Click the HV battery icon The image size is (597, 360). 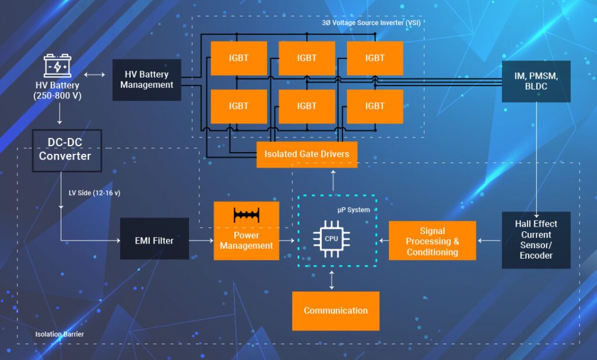[x=57, y=66]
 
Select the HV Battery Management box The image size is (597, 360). [x=146, y=80]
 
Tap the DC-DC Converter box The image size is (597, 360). [x=66, y=150]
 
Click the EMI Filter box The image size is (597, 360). [x=154, y=239]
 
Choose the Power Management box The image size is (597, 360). [x=246, y=231]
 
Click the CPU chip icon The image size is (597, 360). [x=331, y=238]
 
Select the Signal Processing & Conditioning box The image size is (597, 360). [x=432, y=241]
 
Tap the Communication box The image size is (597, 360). [x=335, y=310]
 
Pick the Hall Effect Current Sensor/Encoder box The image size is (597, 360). [x=536, y=239]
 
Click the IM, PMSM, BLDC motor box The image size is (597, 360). [x=536, y=81]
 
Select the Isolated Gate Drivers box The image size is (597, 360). [x=307, y=154]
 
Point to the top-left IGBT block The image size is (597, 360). [x=238, y=58]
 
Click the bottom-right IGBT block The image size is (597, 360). [x=375, y=106]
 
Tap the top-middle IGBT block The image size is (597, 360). [x=307, y=58]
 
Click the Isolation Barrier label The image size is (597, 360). [x=59, y=334]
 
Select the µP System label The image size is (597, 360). [x=354, y=210]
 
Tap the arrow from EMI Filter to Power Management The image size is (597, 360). [x=201, y=239]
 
